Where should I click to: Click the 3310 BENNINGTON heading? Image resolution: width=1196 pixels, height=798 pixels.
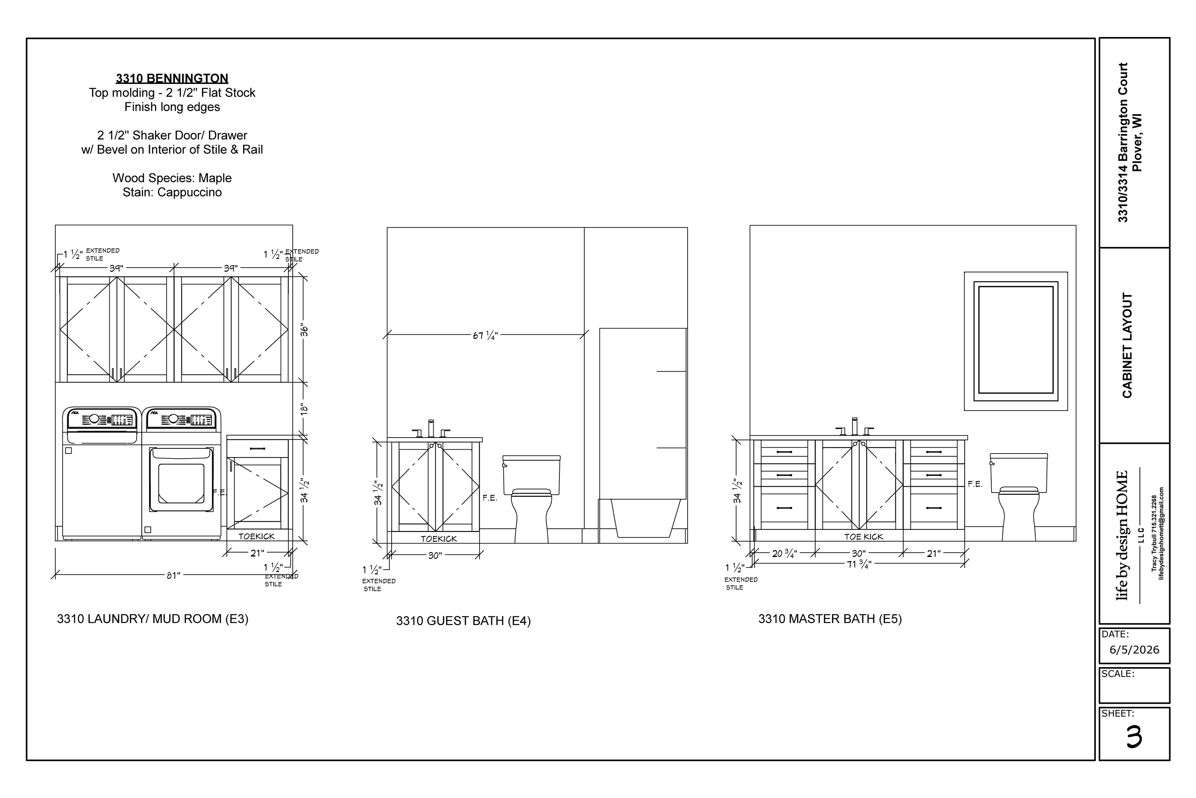172,78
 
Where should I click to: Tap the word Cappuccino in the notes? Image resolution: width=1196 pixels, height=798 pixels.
189,192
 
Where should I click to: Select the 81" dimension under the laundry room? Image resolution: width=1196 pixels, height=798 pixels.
173,576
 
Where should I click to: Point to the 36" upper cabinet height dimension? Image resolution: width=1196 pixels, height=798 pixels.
304,330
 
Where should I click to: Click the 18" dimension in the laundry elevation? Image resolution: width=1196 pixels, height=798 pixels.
304,409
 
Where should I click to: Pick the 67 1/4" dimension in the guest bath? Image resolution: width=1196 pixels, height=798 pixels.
485,335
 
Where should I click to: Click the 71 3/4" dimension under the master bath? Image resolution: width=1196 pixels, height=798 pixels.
859,564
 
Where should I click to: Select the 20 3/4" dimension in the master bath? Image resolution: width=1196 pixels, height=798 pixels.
784,553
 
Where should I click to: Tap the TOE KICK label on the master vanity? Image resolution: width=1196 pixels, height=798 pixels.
864,537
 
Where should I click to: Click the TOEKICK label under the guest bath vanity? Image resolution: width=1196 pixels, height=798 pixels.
438,538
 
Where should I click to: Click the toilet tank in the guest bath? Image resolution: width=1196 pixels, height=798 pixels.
531,474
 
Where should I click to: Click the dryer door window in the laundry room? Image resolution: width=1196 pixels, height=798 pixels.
181,483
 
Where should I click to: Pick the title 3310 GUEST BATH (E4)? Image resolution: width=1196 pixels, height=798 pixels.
463,621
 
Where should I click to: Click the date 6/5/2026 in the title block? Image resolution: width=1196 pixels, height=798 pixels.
1134,650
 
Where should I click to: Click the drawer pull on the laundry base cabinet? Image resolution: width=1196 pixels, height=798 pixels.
257,448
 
